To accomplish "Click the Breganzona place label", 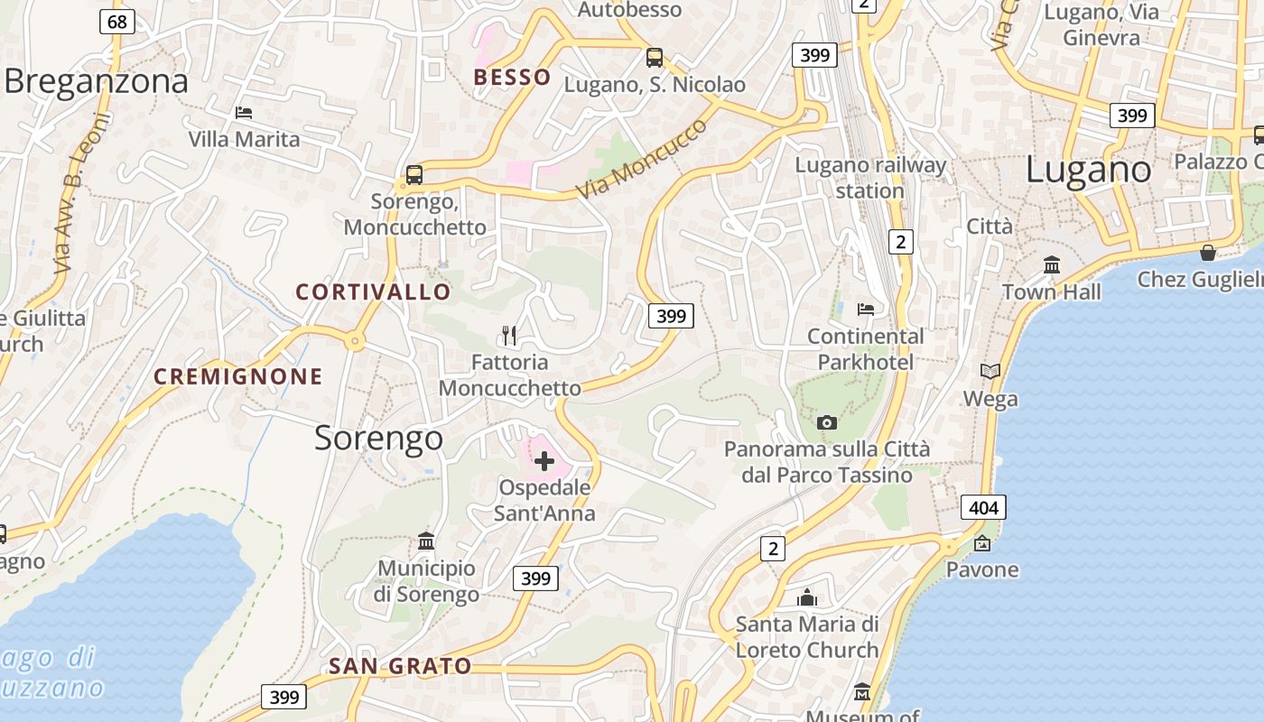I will tap(97, 81).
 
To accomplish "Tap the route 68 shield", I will tap(117, 21).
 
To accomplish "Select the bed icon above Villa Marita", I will tap(243, 113).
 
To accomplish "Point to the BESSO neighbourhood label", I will tap(512, 77).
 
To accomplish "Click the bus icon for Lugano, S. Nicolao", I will tap(655, 58).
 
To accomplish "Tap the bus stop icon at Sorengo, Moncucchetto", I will tap(414, 174).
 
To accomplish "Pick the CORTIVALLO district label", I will tap(373, 292).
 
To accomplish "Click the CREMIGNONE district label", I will tap(237, 376).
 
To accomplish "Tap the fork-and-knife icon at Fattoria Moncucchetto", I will tap(509, 336).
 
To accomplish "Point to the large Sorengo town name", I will tap(378, 438).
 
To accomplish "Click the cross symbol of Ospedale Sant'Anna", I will tap(544, 462).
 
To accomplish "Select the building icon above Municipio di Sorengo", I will tap(426, 541).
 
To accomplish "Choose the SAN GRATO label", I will tap(399, 666).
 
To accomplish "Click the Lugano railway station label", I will tap(869, 178).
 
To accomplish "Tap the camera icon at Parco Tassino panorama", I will tap(826, 422).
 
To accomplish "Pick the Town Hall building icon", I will tap(1052, 265).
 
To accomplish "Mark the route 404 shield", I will tap(982, 507).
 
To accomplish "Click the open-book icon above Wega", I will tap(990, 371).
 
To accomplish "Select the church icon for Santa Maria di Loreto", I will tap(807, 597).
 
